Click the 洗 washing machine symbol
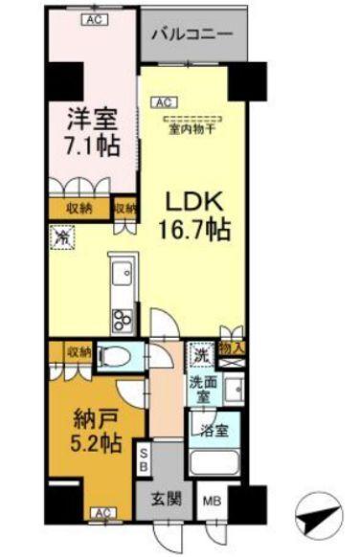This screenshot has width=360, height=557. pos(201,353)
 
